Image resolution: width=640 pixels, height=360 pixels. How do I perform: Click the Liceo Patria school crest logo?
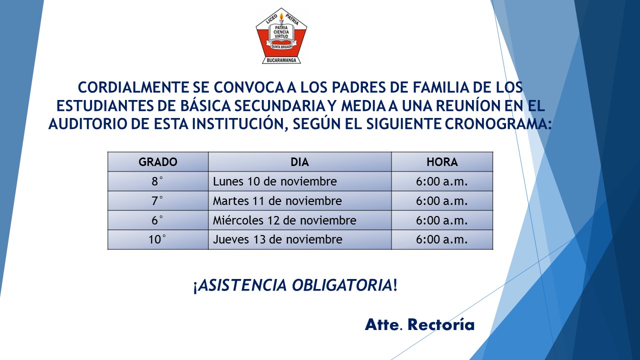281,36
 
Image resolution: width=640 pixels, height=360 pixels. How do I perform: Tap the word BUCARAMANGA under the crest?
281,60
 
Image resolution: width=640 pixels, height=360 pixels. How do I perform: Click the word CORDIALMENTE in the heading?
133,87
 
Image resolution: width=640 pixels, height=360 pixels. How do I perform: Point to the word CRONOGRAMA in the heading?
496,124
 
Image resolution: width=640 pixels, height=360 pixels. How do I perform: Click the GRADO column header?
158,162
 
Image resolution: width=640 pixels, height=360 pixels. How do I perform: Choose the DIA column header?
299,162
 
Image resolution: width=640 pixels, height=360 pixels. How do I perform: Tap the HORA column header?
442,162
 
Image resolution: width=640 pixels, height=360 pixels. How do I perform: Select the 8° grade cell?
158,181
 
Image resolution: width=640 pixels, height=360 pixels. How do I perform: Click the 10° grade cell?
158,239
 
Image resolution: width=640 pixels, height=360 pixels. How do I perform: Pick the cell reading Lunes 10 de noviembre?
299,181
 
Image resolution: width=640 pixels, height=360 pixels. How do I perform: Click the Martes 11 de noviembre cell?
299,201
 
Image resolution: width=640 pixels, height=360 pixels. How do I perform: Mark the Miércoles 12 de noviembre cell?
299,220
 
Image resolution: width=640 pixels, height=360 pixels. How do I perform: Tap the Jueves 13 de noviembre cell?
299,239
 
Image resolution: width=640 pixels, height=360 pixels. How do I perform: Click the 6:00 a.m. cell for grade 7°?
442,201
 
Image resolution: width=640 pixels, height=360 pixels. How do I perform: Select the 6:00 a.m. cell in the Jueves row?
442,239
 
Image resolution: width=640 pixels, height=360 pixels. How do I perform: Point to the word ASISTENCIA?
242,285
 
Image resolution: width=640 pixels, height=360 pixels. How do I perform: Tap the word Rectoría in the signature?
441,324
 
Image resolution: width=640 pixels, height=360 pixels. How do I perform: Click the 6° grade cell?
158,220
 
